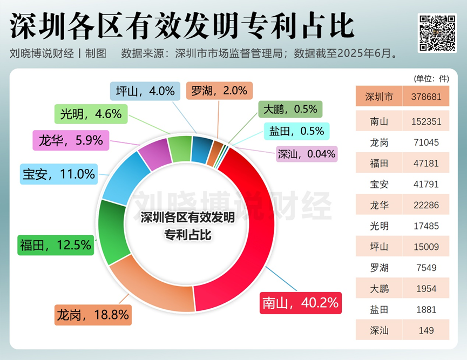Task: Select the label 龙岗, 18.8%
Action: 92,314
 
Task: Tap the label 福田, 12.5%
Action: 55,245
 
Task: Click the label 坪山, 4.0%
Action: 144,91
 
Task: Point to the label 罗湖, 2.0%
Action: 220,91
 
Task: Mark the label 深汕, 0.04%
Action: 306,153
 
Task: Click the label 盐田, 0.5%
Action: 296,131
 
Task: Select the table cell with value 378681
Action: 425,97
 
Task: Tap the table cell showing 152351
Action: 425,121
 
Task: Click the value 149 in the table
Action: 425,330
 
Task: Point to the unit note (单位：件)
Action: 431,78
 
